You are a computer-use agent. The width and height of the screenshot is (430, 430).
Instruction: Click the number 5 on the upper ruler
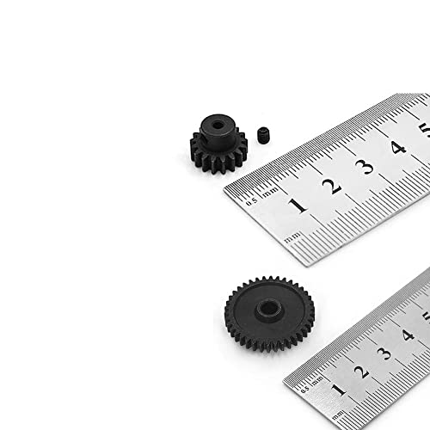tap(425, 132)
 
